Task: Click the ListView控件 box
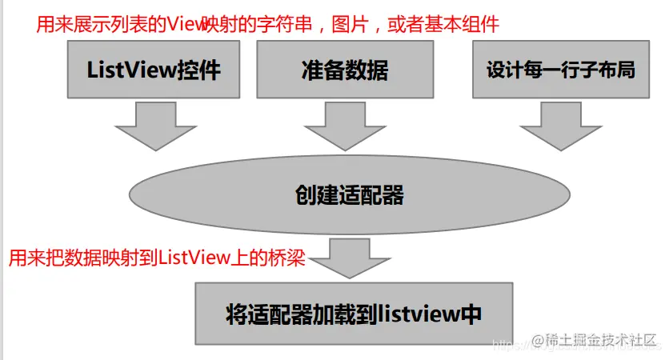pyautogui.click(x=153, y=70)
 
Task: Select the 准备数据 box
pyautogui.click(x=346, y=70)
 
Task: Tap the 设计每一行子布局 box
pyautogui.click(x=560, y=70)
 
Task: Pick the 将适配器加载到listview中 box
pyautogui.click(x=353, y=313)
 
